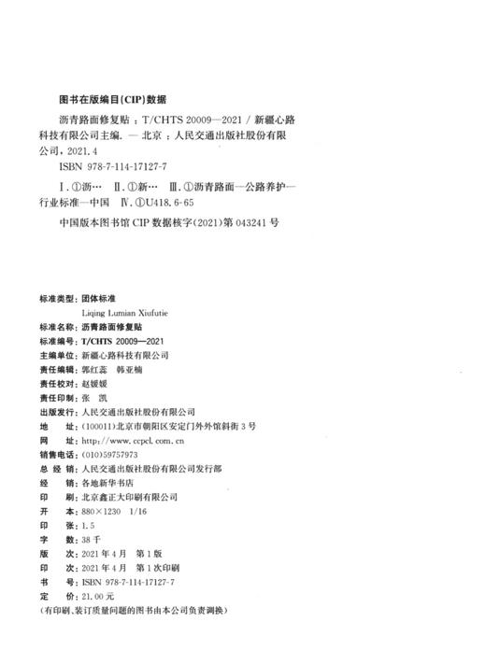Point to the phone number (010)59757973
click(109, 452)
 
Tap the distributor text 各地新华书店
click(107, 482)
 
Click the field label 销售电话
click(55, 452)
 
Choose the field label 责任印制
click(55, 397)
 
